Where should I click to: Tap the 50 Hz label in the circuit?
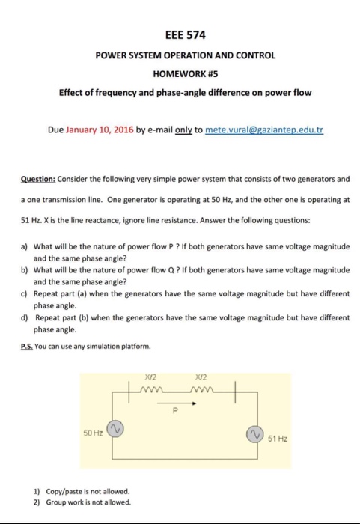(93, 432)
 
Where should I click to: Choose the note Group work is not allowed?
(83, 502)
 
